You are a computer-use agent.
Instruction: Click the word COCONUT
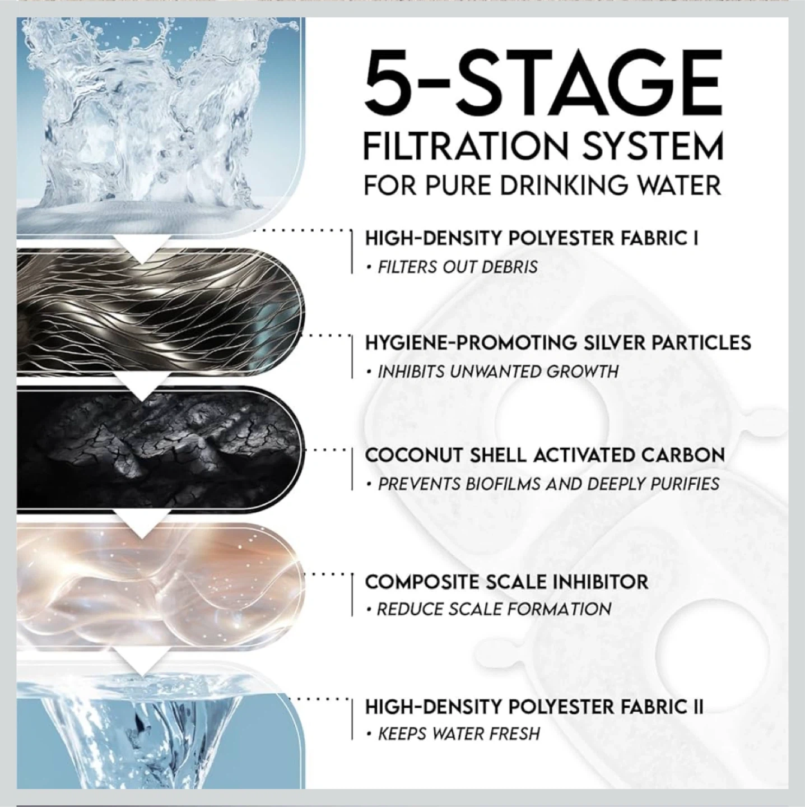[x=413, y=455]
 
